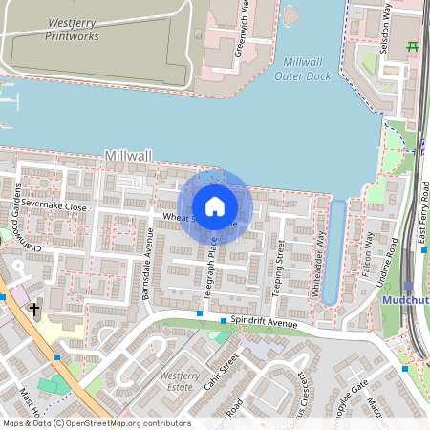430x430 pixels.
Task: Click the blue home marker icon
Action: pyautogui.click(x=215, y=205)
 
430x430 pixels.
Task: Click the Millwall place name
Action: pyautogui.click(x=129, y=155)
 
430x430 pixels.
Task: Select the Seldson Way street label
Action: pyautogui.click(x=385, y=29)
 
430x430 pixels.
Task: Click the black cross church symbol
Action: pyautogui.click(x=34, y=309)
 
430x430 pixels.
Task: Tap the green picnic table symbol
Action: pyautogui.click(x=413, y=45)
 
